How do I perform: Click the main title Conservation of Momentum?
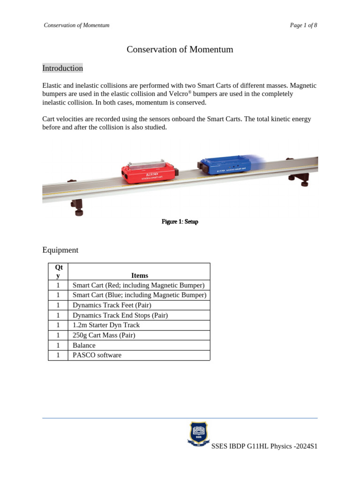(x=180, y=50)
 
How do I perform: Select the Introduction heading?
(x=62, y=68)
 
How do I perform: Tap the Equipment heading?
(x=60, y=250)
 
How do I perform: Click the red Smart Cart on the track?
(x=149, y=172)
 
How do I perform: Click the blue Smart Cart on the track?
(x=227, y=165)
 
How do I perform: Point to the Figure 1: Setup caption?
(x=180, y=222)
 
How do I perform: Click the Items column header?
(x=140, y=276)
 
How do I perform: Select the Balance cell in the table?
(x=84, y=345)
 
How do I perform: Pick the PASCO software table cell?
(x=97, y=355)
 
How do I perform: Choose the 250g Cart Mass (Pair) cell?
(x=104, y=335)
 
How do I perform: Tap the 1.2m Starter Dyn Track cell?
(x=106, y=325)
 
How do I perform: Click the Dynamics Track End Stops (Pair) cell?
(x=120, y=315)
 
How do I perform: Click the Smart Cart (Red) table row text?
(x=138, y=285)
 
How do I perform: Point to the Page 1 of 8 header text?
(x=303, y=25)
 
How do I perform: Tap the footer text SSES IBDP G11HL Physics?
(x=264, y=446)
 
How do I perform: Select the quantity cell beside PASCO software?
(x=58, y=355)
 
